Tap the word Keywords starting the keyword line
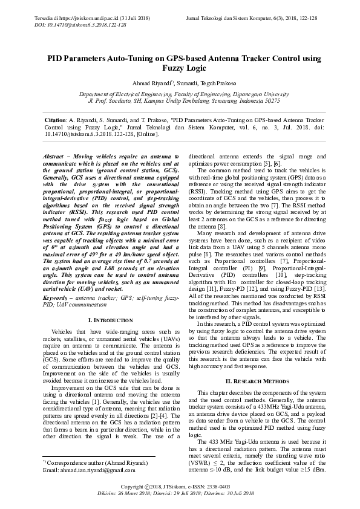56,298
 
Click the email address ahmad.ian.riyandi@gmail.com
84,470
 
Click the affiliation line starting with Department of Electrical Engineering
180,94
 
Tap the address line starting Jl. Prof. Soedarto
180,102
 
